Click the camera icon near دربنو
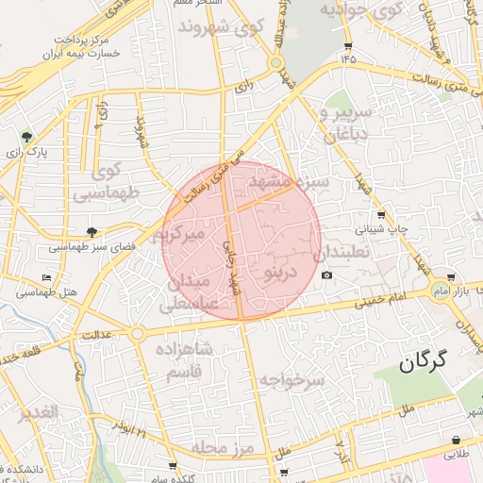pyautogui.click(x=326, y=275)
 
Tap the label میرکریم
pyautogui.click(x=187, y=233)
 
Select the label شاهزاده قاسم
pyautogui.click(x=188, y=358)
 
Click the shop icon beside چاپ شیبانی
pyautogui.click(x=380, y=214)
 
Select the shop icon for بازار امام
pyautogui.click(x=452, y=277)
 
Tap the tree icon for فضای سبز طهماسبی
pyautogui.click(x=92, y=232)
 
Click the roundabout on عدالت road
pyautogui.click(x=138, y=333)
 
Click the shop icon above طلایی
pyautogui.click(x=457, y=441)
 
